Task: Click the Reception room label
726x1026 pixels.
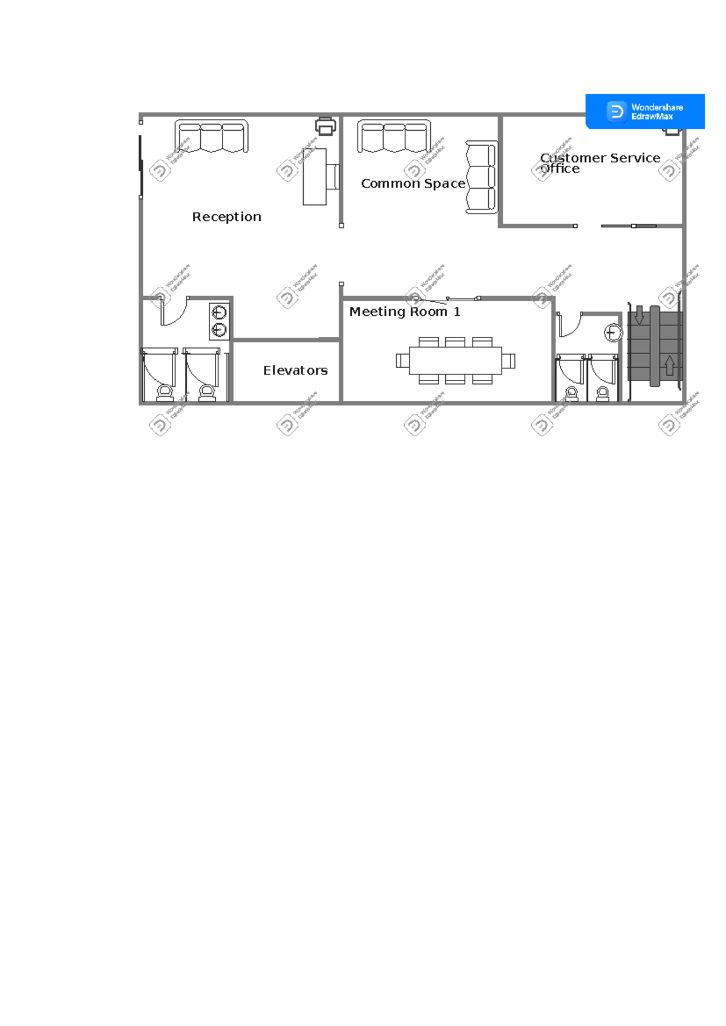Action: click(x=226, y=217)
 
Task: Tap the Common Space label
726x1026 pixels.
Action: click(x=413, y=183)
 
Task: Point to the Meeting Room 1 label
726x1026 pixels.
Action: click(x=404, y=312)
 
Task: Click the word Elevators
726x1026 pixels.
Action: click(x=295, y=370)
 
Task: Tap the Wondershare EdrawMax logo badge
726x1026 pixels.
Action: click(x=645, y=111)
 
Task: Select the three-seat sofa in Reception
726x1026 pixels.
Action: click(x=211, y=136)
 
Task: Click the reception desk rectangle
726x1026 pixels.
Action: click(x=315, y=177)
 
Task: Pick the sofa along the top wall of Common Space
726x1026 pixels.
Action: click(x=394, y=136)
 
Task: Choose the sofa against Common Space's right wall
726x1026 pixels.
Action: click(x=482, y=177)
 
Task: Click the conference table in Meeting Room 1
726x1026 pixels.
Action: click(x=455, y=361)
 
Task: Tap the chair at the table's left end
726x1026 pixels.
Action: click(x=402, y=361)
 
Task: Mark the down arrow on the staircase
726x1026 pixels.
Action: click(x=639, y=315)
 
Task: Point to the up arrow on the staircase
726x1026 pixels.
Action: click(x=670, y=365)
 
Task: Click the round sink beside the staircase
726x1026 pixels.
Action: click(x=613, y=333)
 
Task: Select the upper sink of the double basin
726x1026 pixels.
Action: click(x=219, y=313)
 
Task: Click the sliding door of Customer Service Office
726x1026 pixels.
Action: click(x=629, y=226)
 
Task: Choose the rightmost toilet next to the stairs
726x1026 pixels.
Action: click(x=603, y=394)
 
